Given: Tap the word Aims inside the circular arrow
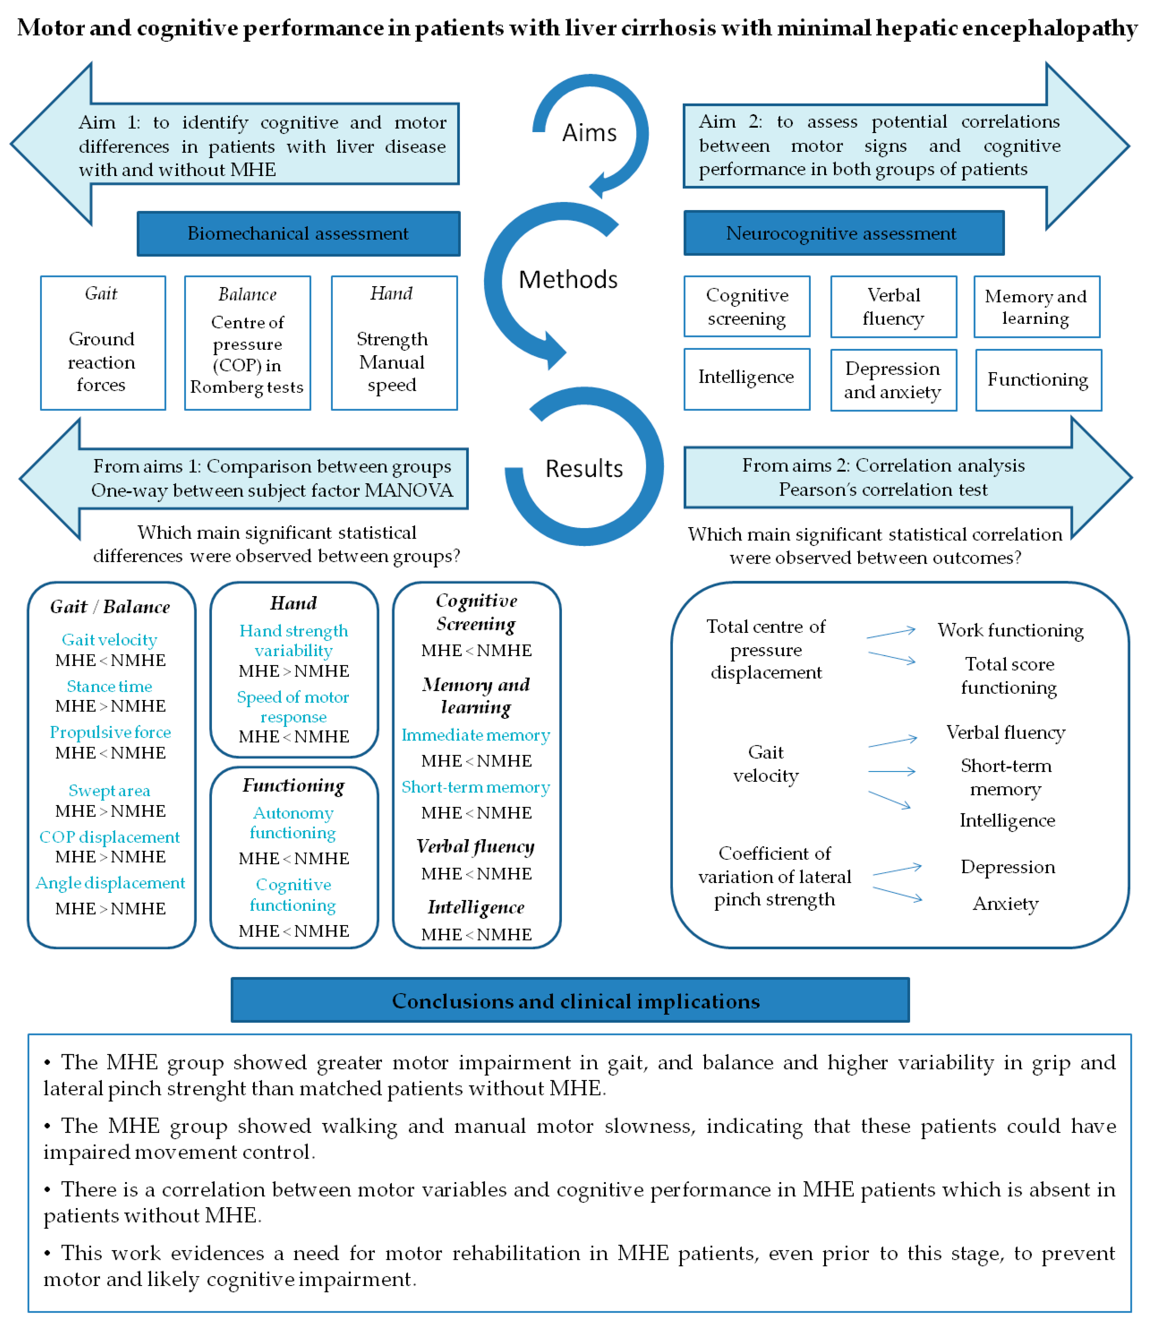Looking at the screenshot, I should [x=589, y=133].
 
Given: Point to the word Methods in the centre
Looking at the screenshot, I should [x=568, y=279].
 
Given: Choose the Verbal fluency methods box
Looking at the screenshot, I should [x=893, y=307].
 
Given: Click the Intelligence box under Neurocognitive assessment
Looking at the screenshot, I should [x=746, y=379].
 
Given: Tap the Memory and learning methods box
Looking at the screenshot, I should [x=1036, y=307].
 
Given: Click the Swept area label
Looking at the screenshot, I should [x=110, y=791].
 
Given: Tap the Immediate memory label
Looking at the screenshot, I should [x=476, y=735].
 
